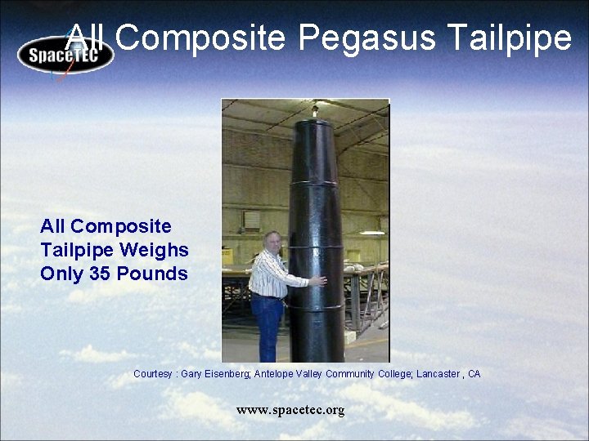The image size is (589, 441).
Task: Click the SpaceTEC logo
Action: pyautogui.click(x=65, y=54)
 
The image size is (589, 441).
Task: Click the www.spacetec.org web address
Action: pyautogui.click(x=290, y=410)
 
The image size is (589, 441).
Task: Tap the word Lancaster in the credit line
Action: pyautogui.click(x=438, y=374)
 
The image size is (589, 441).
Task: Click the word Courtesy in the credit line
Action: pyautogui.click(x=152, y=374)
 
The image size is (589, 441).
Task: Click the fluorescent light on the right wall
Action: pyautogui.click(x=372, y=233)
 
